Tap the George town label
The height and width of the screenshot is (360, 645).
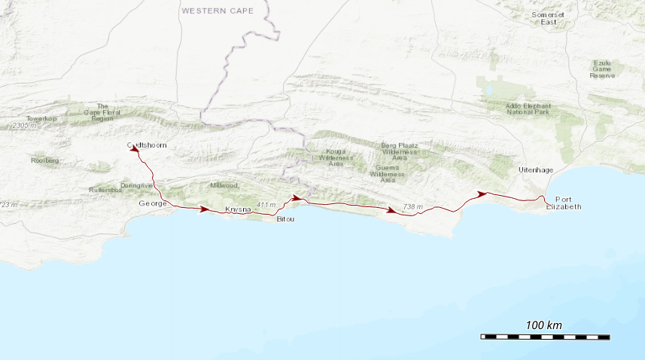pyautogui.click(x=152, y=204)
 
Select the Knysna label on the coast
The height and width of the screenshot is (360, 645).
pyautogui.click(x=237, y=209)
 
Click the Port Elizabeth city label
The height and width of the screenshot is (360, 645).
pyautogui.click(x=564, y=203)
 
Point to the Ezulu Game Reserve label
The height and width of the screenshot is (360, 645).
pyautogui.click(x=602, y=69)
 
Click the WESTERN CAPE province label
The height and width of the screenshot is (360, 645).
pyautogui.click(x=218, y=11)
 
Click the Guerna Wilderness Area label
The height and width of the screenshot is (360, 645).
pyautogui.click(x=388, y=174)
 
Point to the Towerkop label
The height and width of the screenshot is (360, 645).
pyautogui.click(x=41, y=119)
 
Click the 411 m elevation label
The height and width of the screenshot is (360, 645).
pyautogui.click(x=266, y=205)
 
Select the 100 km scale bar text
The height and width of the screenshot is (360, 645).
pyautogui.click(x=543, y=325)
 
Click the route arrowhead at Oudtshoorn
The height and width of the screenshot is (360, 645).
pyautogui.click(x=135, y=149)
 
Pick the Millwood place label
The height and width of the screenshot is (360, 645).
pyautogui.click(x=224, y=185)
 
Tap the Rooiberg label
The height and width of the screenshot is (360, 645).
pyautogui.click(x=44, y=160)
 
